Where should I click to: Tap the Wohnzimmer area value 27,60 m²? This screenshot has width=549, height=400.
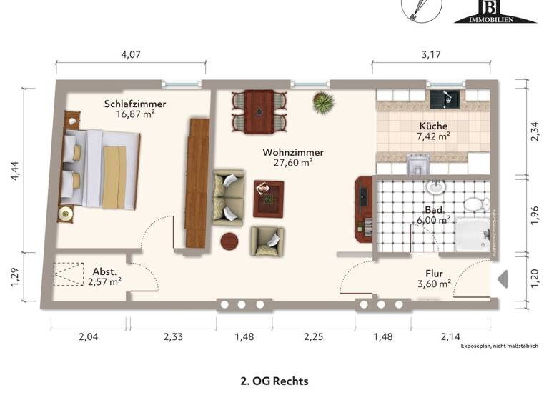(292, 163)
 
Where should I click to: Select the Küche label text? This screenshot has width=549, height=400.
(433, 126)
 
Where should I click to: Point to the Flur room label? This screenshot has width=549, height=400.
(434, 272)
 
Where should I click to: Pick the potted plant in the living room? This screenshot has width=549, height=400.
(323, 102)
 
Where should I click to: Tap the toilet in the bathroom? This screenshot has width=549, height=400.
(473, 205)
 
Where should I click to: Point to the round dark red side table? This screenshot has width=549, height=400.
(229, 241)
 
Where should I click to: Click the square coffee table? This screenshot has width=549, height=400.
(268, 198)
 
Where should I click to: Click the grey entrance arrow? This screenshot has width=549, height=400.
(502, 279)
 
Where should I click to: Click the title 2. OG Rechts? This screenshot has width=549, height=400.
(274, 381)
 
